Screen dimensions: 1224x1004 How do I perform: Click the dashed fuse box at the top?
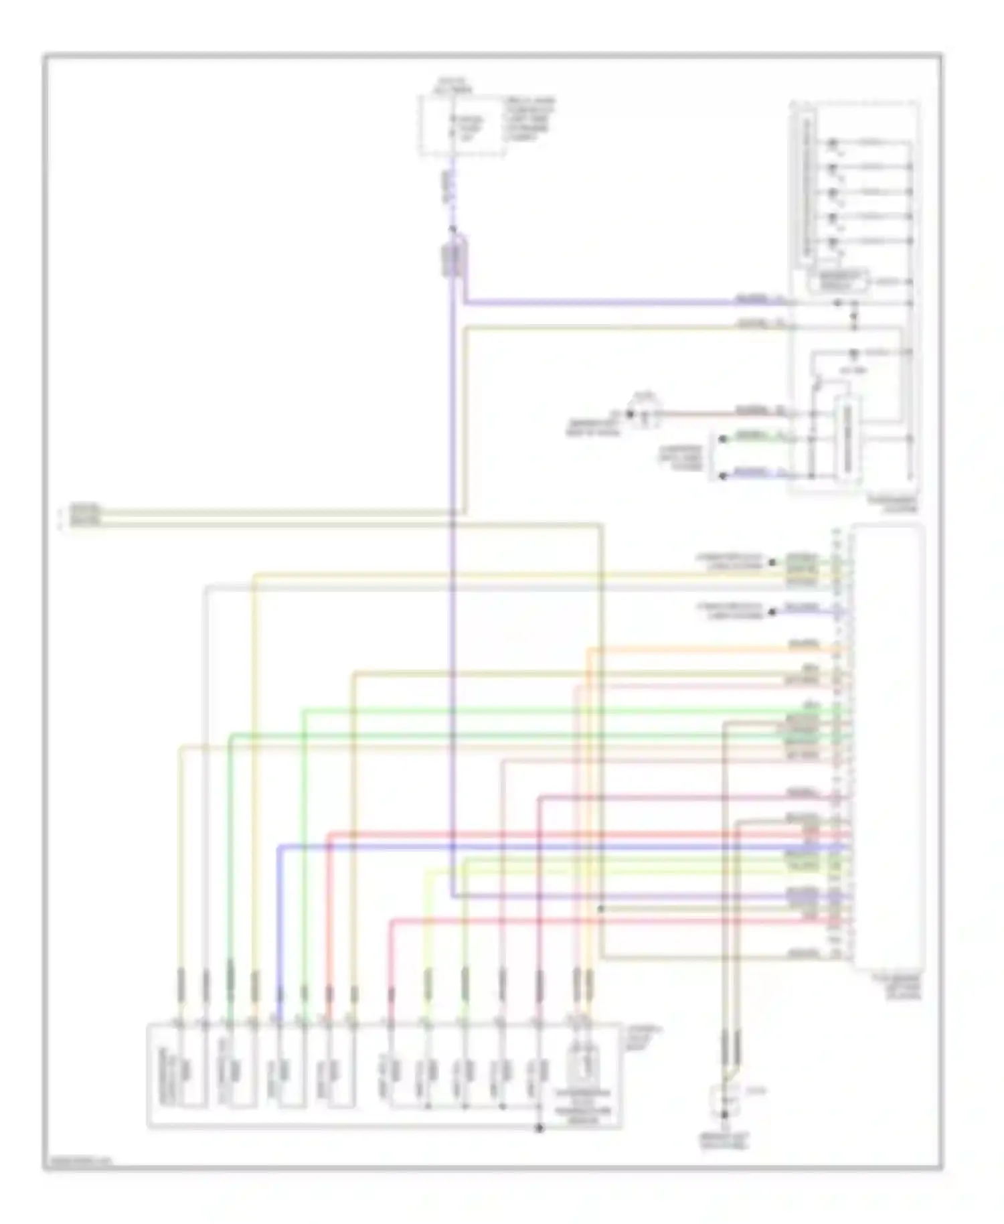pos(462,125)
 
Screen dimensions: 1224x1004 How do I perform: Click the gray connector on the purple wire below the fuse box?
pos(454,260)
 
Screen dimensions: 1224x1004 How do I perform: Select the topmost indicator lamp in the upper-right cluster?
pos(833,143)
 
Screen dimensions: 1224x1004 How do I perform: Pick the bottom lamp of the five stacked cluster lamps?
pos(833,242)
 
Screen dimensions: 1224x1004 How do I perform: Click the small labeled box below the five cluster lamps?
pos(837,281)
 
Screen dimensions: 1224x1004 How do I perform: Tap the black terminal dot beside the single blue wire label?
pos(772,611)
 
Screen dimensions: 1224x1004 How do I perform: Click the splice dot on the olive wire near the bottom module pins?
pos(600,909)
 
